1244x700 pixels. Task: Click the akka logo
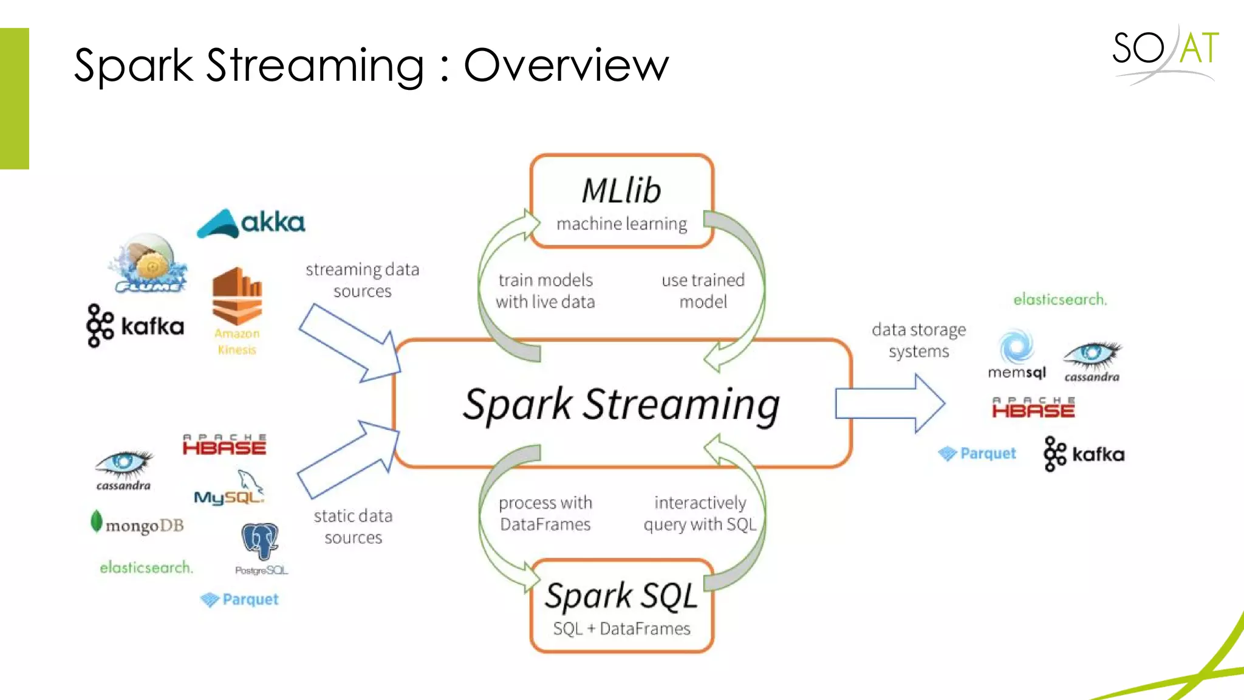tap(251, 223)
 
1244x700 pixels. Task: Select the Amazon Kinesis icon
tap(237, 298)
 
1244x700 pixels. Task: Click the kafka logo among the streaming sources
tap(135, 326)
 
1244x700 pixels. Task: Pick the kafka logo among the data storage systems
tap(1084, 454)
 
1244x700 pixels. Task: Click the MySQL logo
tap(230, 490)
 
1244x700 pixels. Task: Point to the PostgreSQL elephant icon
tap(260, 541)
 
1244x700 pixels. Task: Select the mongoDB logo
tap(137, 524)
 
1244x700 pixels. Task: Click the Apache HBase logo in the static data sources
tap(224, 445)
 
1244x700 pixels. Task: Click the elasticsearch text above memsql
tap(1060, 300)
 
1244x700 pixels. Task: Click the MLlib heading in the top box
tap(621, 191)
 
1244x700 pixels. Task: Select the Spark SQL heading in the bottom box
tap(621, 595)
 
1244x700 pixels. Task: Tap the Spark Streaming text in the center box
tap(621, 405)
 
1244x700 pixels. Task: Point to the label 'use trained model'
tap(703, 291)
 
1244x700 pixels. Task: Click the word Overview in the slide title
tap(566, 65)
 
